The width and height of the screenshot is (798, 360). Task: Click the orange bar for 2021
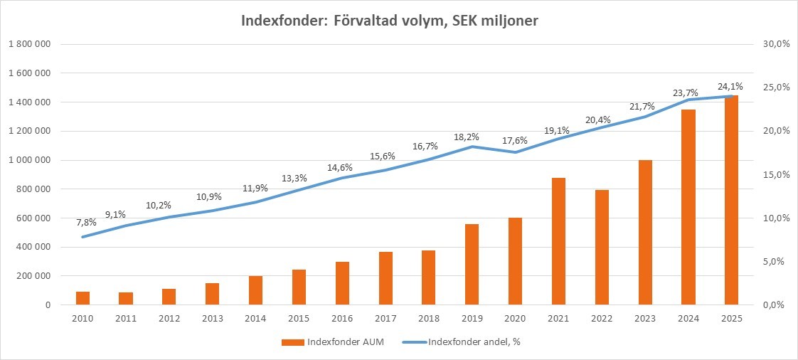tap(558, 241)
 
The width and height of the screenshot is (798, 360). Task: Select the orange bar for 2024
tap(688, 207)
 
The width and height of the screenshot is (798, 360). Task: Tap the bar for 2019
tap(472, 264)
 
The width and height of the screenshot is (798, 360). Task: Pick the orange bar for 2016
tap(342, 283)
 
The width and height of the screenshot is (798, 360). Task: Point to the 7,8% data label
tap(85, 222)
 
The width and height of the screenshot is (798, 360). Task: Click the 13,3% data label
tap(299, 178)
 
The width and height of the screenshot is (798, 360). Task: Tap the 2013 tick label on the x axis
tap(212, 319)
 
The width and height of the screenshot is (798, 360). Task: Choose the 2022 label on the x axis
tap(602, 319)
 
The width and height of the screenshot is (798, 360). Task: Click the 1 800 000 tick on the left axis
tap(29, 44)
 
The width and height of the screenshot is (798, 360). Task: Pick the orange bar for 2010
tap(83, 298)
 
